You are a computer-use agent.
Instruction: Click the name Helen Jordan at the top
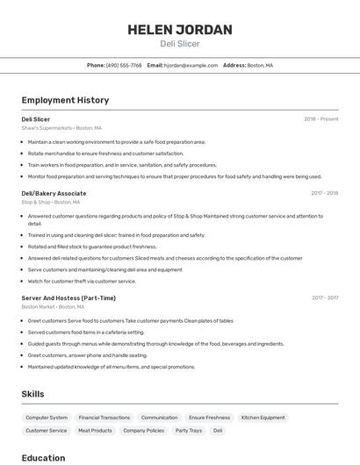coord(180,29)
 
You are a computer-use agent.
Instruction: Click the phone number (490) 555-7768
coord(124,65)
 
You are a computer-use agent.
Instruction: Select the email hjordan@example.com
coord(191,65)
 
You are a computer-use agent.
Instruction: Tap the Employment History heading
coord(65,100)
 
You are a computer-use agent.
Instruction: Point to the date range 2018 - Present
coord(321,119)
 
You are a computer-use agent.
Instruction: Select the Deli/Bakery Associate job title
coord(54,193)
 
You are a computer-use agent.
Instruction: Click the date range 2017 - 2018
coord(325,193)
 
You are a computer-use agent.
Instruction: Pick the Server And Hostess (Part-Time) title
coord(68,298)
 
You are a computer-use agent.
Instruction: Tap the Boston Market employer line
coord(53,307)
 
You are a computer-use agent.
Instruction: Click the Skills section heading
coord(33,394)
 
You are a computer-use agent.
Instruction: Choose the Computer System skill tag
coord(47,418)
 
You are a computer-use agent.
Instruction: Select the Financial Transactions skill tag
coord(104,418)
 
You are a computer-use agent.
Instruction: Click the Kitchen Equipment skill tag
coord(263,418)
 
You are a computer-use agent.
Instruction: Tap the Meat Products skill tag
coord(95,431)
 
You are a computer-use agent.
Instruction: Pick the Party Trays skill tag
coord(189,431)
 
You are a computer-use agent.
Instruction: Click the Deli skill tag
coord(218,431)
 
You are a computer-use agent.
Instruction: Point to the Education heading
coord(44,457)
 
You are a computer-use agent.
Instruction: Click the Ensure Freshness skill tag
coord(209,418)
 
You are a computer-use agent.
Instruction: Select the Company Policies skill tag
coord(144,431)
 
